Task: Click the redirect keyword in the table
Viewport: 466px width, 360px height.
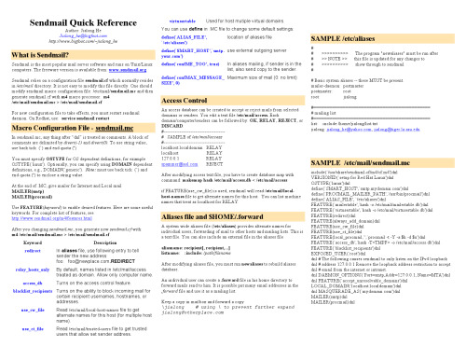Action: click(x=33, y=252)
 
